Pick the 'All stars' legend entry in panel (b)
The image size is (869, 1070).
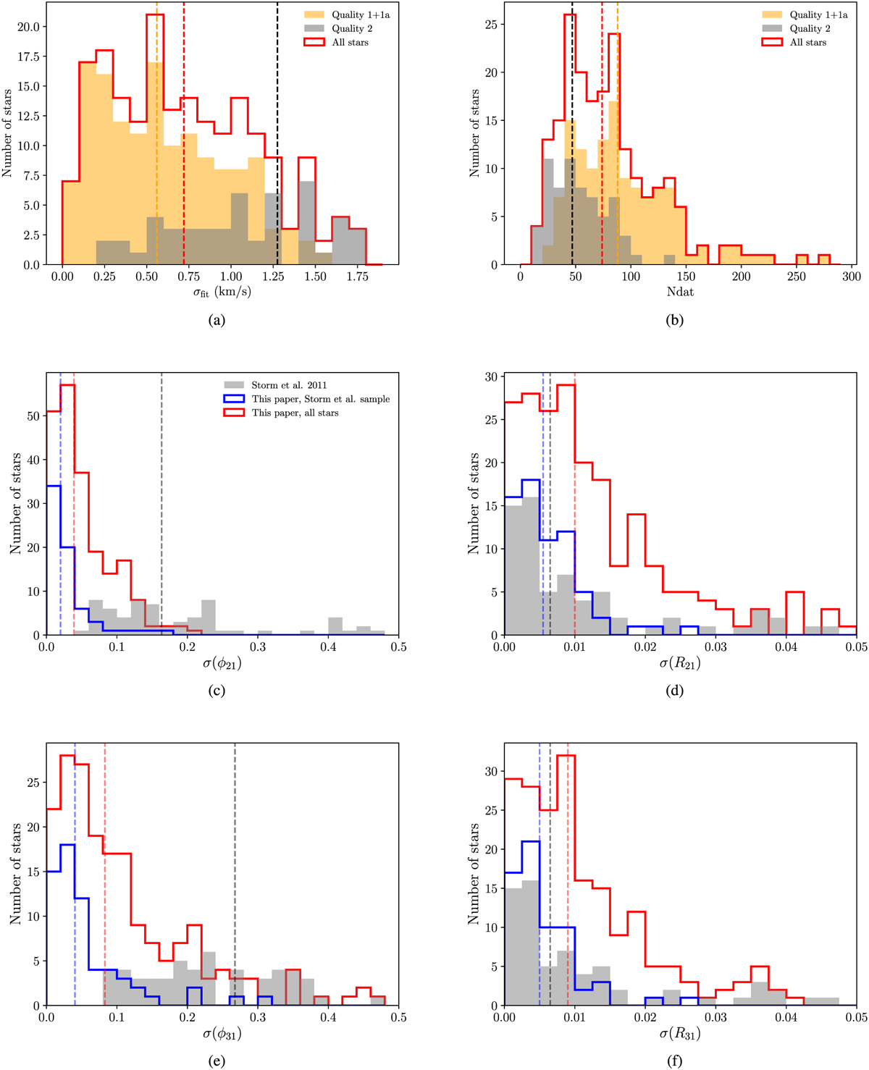(807, 43)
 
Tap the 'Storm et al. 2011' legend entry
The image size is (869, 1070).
(290, 385)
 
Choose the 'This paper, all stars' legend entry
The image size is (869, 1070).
(295, 413)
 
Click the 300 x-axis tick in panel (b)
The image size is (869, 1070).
(852, 277)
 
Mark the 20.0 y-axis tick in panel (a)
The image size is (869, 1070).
(32, 27)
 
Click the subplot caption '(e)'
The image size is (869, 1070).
(216, 1062)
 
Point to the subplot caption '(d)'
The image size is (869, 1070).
(674, 691)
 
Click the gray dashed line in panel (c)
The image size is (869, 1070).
(161, 507)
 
